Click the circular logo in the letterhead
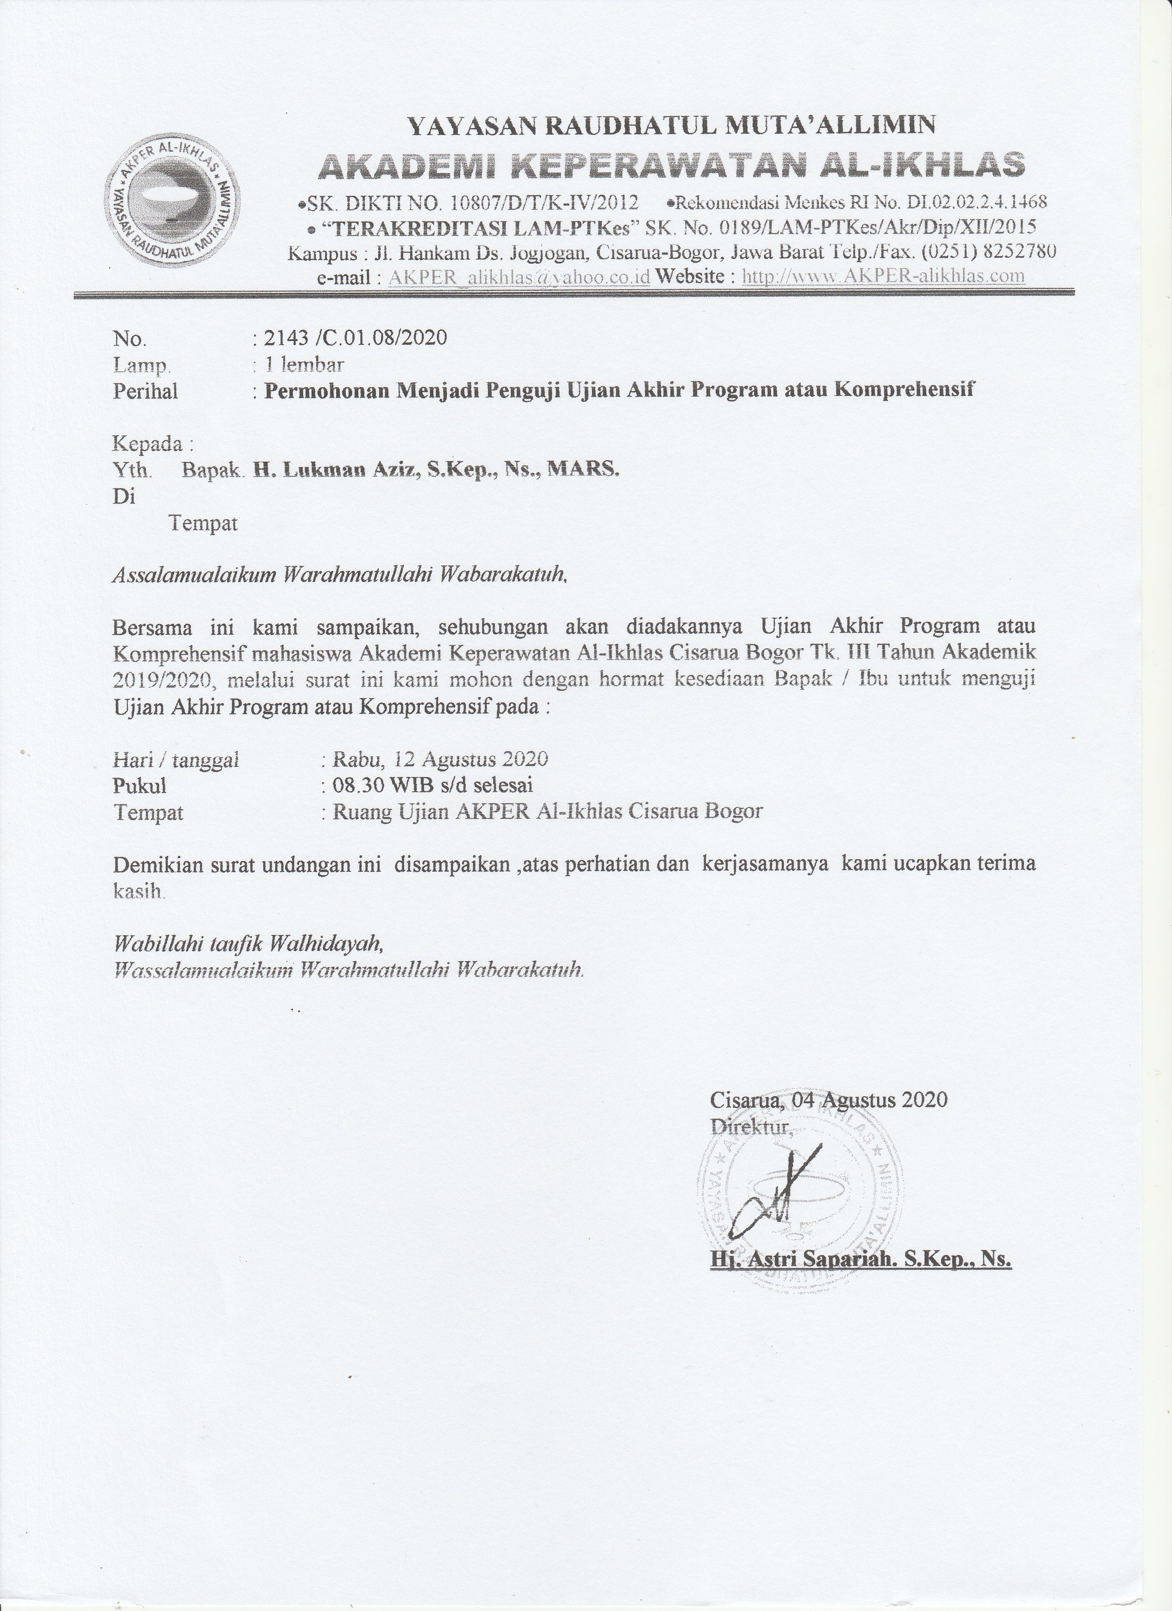[x=172, y=201]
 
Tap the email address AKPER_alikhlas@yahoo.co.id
[x=519, y=277]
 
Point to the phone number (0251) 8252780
[x=990, y=252]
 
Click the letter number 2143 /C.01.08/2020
[x=355, y=338]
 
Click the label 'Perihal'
[x=146, y=391]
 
